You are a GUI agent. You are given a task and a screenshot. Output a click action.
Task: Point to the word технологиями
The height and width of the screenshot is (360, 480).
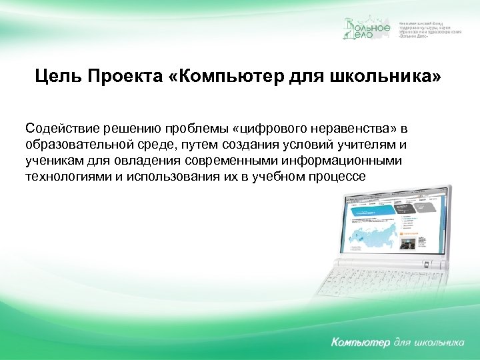point(66,176)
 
